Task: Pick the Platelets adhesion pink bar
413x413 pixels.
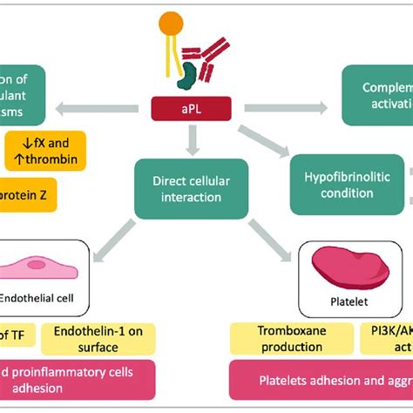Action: click(322, 380)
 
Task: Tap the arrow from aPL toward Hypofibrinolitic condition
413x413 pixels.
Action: click(265, 139)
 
